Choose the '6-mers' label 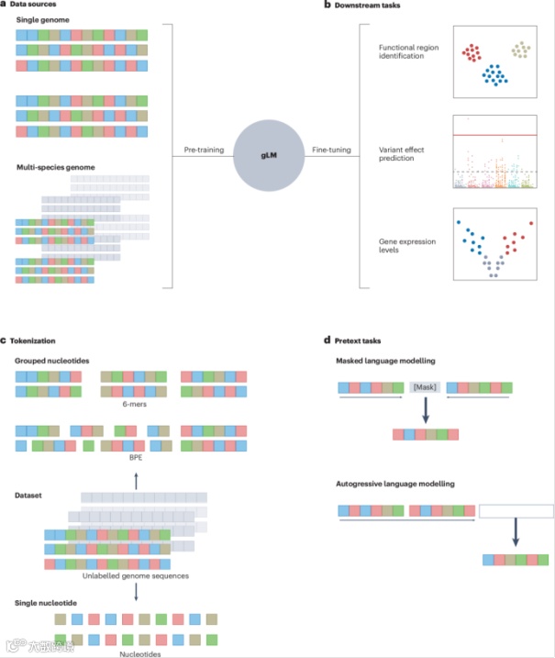[136, 402]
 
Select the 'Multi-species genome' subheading [56, 167]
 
